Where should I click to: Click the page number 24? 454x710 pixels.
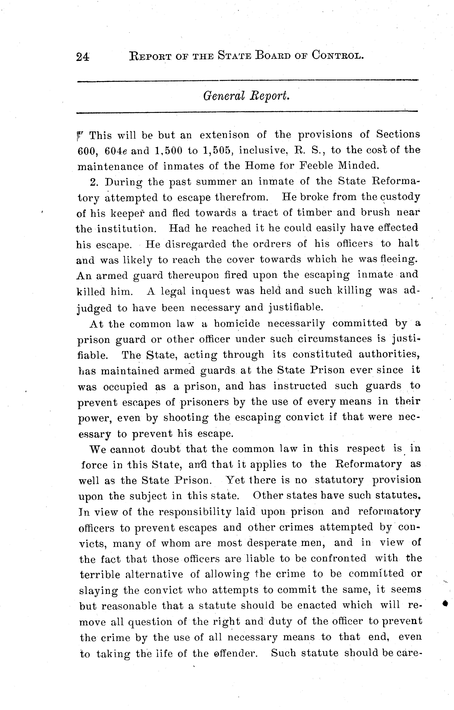pyautogui.click(x=83, y=56)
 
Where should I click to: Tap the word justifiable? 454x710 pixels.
pyautogui.click(x=296, y=308)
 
